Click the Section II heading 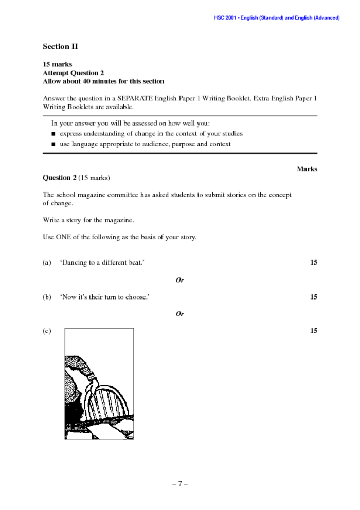coord(60,47)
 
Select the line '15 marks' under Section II coord(57,64)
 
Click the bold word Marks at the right coord(307,169)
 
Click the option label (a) coord(47,262)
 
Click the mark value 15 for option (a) coord(313,262)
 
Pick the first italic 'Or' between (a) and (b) coord(179,280)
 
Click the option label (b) coord(47,297)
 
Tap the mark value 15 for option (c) coord(313,331)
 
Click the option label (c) coord(47,331)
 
